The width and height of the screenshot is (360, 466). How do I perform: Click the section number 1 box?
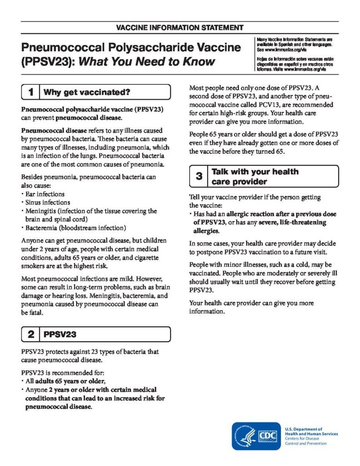click(x=30, y=92)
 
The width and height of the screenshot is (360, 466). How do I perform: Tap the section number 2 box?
click(x=30, y=335)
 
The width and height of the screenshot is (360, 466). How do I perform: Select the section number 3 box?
click(x=199, y=177)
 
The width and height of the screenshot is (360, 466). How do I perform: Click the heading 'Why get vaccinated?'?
click(x=87, y=92)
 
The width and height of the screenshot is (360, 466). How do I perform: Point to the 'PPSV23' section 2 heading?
click(x=59, y=335)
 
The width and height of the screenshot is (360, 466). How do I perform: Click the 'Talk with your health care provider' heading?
click(x=255, y=177)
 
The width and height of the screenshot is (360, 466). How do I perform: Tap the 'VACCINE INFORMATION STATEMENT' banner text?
click(x=180, y=28)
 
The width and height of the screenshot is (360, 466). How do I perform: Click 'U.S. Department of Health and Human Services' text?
click(x=311, y=431)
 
